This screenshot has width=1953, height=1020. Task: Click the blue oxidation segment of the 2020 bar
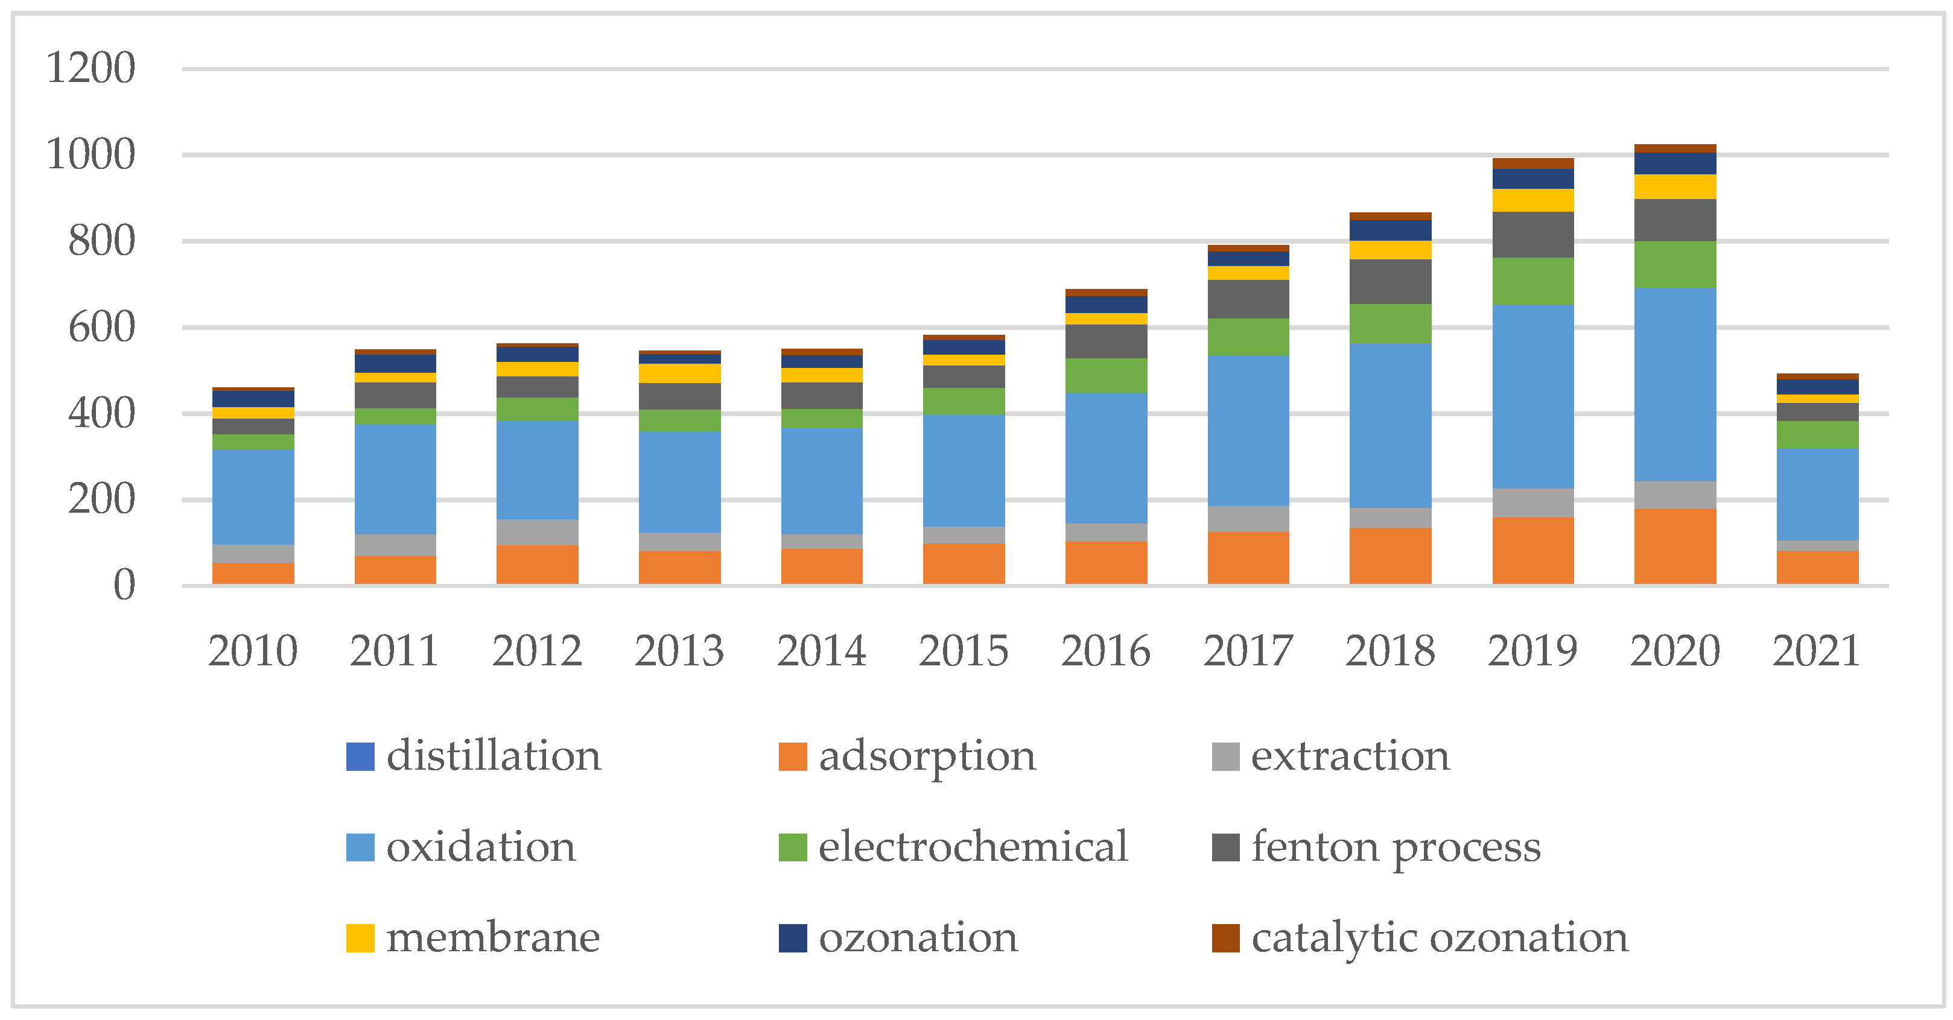point(1675,384)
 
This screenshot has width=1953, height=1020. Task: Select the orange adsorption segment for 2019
point(1533,550)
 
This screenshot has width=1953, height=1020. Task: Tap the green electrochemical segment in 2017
point(1248,337)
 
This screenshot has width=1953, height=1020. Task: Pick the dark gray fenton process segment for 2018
point(1391,281)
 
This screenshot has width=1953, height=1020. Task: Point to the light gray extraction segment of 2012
point(538,532)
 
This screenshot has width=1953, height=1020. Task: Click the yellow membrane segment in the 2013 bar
point(679,373)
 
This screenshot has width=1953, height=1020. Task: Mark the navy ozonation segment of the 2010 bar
point(253,399)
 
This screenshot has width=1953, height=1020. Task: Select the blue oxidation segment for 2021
point(1817,494)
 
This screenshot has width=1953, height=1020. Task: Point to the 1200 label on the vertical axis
point(91,68)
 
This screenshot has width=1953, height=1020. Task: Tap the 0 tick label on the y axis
point(124,586)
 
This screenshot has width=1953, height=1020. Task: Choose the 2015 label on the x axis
point(964,651)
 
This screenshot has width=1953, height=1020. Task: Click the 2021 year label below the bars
point(1817,651)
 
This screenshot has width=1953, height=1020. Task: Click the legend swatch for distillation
point(360,757)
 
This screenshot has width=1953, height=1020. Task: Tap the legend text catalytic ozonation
point(1439,937)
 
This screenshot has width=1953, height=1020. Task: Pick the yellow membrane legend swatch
point(360,938)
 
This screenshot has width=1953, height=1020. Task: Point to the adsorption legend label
point(927,756)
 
